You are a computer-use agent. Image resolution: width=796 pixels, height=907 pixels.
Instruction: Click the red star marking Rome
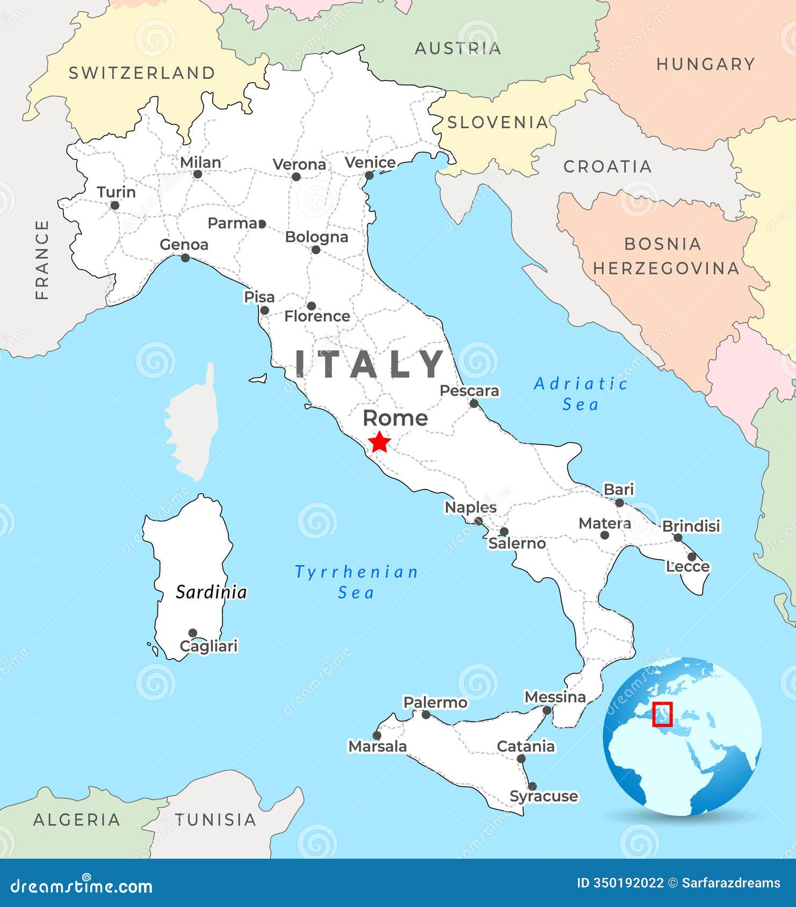coord(380,442)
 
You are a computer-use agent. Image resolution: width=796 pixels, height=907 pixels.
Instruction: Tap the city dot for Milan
coord(198,174)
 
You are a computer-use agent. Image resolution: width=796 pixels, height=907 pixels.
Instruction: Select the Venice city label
coord(370,162)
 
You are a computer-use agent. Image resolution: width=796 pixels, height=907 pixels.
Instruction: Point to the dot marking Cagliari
coord(193,633)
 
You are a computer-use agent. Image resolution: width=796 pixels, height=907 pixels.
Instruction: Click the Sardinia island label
coord(211,592)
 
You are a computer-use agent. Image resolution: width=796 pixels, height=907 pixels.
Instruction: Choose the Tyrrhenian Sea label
coord(356,582)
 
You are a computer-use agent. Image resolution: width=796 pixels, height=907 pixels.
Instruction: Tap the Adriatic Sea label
coord(581,394)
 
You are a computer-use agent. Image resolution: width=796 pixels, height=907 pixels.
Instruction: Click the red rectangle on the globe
coord(662,714)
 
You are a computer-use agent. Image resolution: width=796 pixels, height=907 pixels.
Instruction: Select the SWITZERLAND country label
coord(142,73)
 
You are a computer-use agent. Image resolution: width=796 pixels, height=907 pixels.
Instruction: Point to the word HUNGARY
coord(706,64)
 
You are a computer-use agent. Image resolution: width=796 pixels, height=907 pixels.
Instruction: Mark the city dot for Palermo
coord(426,715)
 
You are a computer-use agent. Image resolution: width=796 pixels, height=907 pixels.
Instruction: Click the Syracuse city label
coord(544,796)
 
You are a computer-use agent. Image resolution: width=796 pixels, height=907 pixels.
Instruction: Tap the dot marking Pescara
coord(474,403)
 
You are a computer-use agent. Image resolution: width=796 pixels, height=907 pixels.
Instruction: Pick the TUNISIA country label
coord(215,820)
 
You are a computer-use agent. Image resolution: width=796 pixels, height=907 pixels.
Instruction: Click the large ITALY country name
coord(370,363)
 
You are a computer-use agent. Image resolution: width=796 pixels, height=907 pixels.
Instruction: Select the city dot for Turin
coord(114,205)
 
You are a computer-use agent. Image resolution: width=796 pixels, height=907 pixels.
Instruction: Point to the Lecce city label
coord(688,566)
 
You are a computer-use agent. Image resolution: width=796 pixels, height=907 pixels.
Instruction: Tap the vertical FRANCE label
coord(42,260)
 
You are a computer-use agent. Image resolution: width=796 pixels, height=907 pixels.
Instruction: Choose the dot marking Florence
coord(311,306)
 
